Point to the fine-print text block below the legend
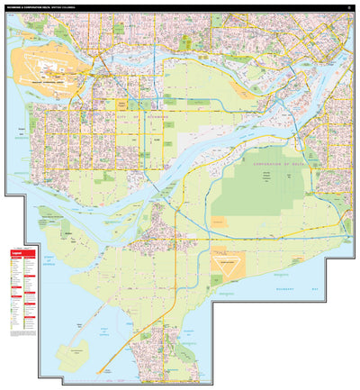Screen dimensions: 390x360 coord(23,333)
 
